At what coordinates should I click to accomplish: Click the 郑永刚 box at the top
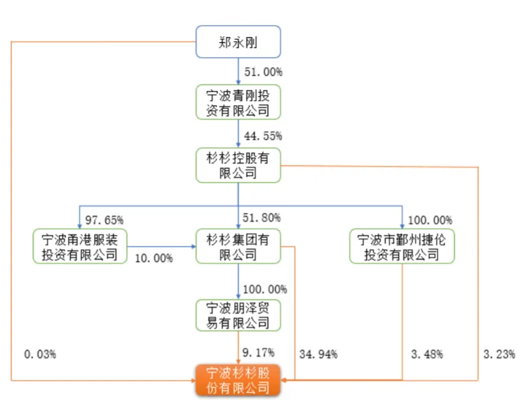[x=238, y=42]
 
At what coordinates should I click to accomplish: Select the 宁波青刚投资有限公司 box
[x=238, y=102]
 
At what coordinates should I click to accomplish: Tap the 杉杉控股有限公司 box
[x=238, y=165]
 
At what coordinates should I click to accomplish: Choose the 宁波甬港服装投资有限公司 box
[x=80, y=246]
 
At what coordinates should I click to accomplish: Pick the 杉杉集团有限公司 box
[x=238, y=246]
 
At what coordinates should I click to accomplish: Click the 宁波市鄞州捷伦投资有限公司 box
[x=402, y=246]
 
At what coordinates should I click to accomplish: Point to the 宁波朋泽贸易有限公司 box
[x=238, y=315]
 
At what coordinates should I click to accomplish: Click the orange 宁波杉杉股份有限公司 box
[x=238, y=380]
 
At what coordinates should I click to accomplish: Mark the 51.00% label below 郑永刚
[x=263, y=72]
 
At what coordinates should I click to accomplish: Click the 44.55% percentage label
[x=263, y=136]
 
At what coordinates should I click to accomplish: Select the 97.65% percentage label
[x=104, y=220]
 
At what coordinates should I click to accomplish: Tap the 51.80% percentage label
[x=261, y=218]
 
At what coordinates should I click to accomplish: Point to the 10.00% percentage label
[x=154, y=258]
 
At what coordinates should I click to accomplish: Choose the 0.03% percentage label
[x=40, y=354]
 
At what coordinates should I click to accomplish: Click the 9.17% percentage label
[x=258, y=352]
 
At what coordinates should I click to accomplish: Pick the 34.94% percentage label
[x=319, y=354]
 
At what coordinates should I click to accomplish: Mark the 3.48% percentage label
[x=427, y=354]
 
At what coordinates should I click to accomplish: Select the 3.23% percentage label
[x=499, y=354]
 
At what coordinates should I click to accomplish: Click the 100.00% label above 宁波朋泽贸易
[x=265, y=289]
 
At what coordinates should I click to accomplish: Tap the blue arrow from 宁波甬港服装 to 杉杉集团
[x=161, y=247]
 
